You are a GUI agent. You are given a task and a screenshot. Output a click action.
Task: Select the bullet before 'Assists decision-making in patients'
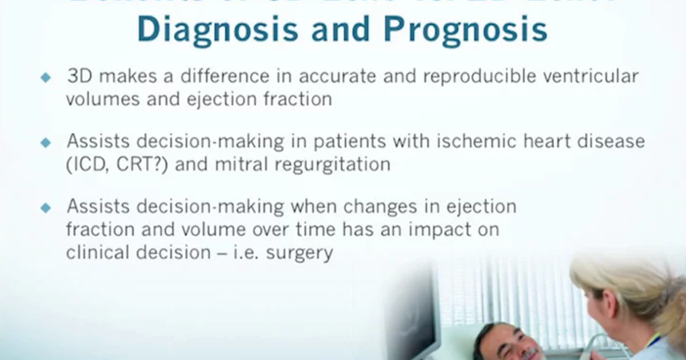point(46,143)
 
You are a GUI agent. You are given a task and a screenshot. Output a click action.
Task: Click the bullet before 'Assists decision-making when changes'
point(46,208)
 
